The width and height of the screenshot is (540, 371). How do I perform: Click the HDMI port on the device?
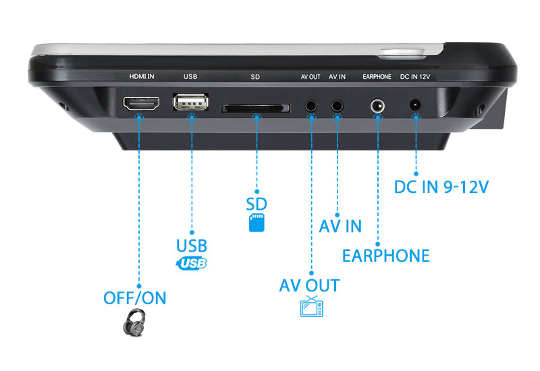coord(140,105)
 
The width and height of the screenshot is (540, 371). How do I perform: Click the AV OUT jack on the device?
coord(311,105)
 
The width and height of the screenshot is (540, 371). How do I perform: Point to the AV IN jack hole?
coord(337,105)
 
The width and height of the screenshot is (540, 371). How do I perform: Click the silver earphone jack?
coord(377,106)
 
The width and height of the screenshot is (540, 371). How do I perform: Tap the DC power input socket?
coord(415,105)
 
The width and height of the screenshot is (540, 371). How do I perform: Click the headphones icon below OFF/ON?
coord(134,322)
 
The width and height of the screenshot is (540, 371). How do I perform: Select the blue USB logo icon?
coord(191,263)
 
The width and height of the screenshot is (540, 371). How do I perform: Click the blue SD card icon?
coord(256,223)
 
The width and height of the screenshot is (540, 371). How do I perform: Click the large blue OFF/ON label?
coord(134,297)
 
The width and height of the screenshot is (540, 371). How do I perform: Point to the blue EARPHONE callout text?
coord(385,255)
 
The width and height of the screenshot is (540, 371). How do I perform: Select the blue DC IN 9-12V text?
coord(441,185)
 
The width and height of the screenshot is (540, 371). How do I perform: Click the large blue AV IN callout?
coord(340,225)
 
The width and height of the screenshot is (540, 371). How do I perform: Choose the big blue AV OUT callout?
coord(309,285)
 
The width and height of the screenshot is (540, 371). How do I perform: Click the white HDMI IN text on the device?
coord(142,77)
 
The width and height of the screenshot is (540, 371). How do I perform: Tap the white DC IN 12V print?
coord(415,77)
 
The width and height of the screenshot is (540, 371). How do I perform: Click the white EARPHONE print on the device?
coord(377,77)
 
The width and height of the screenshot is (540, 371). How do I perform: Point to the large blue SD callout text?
coord(256,204)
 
